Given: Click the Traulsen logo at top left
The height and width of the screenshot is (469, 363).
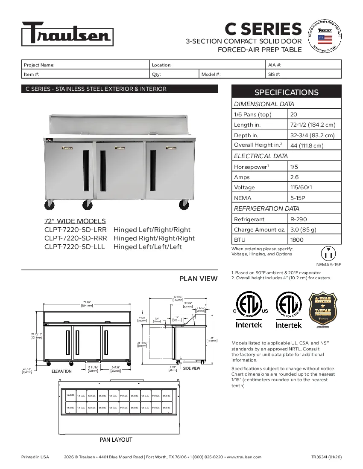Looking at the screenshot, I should pos(67,34).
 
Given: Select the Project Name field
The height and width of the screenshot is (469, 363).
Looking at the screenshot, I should pos(86,65).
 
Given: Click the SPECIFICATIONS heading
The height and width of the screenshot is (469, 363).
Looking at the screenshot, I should pos(286,92).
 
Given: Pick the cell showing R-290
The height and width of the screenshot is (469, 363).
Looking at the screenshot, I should pos(314,219).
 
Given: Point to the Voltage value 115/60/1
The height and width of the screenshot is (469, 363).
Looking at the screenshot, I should pos(314,188).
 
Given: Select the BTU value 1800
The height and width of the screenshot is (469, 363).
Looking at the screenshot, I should pos(314,240).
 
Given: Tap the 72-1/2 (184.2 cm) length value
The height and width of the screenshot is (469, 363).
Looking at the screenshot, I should pos(314,125).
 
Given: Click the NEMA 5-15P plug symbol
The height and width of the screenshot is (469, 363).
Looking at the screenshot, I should pos(328,254).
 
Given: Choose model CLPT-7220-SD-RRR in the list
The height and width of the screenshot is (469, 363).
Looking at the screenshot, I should pos(76,238).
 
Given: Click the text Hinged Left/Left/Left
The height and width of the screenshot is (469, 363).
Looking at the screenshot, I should pos(148,247).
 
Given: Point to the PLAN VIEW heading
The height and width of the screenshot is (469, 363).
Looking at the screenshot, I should pos(198,279).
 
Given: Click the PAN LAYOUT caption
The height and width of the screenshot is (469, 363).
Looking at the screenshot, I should pos(116,440).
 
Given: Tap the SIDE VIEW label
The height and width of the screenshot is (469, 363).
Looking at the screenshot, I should pos(191,368).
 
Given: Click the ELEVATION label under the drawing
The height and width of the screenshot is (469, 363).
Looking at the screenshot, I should pos(61,371).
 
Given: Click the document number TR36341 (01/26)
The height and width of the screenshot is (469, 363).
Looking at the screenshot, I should pos(326,457).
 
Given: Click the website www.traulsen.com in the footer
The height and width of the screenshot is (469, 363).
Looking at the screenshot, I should pos(243,457).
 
